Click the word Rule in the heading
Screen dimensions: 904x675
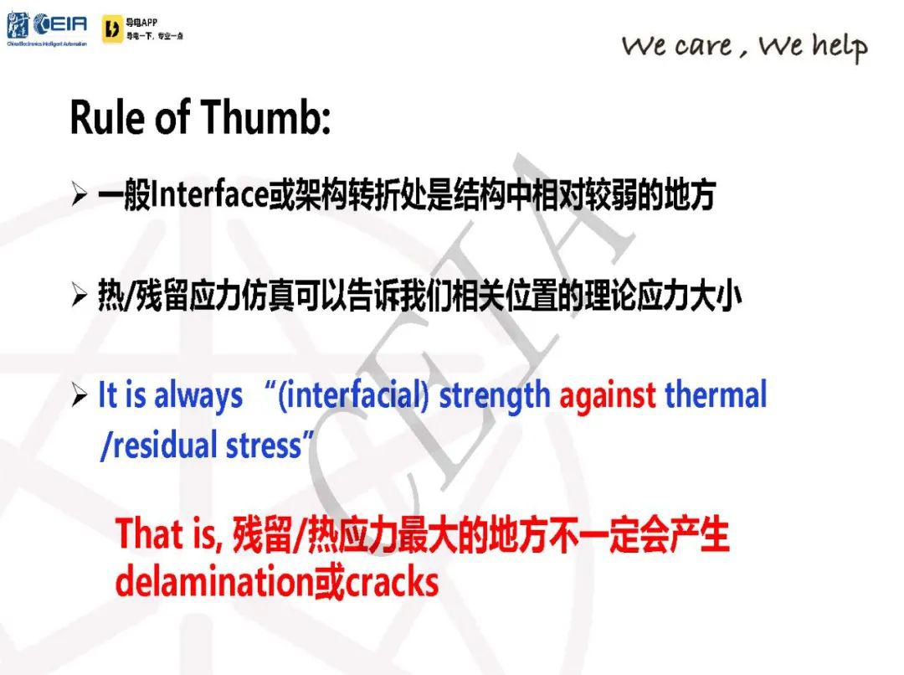(106, 117)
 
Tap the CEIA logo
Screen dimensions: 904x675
(47, 28)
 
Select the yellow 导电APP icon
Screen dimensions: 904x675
(112, 29)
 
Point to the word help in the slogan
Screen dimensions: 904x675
(840, 46)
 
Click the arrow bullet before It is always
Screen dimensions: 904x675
(80, 395)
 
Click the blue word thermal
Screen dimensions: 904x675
(716, 395)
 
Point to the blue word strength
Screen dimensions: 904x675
(495, 397)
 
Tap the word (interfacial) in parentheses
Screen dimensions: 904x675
(353, 397)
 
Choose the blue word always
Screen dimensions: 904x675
(198, 397)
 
